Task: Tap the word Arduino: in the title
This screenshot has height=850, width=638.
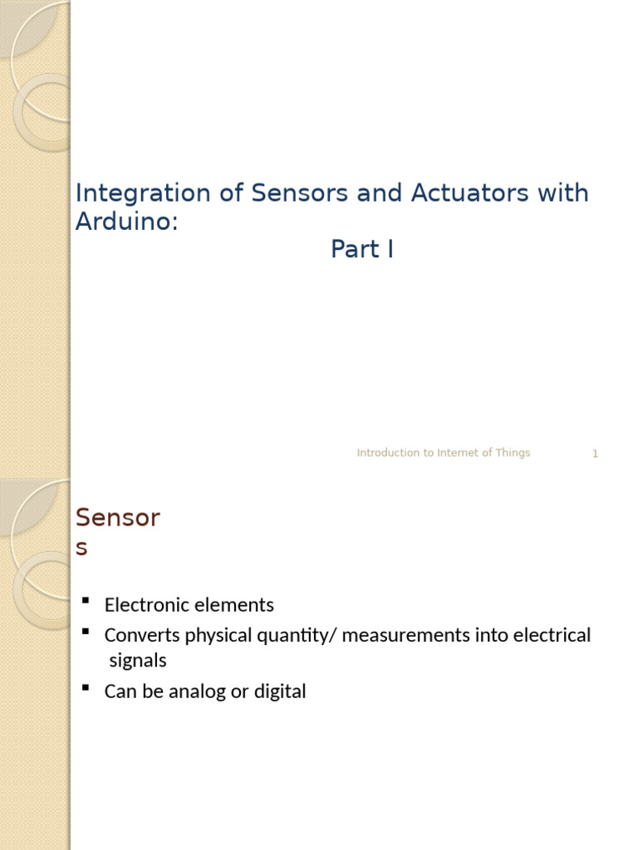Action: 127,222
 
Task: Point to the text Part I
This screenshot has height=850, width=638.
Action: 361,249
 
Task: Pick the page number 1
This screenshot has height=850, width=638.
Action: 595,453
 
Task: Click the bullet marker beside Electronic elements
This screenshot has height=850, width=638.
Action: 85,600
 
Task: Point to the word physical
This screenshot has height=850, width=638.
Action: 218,636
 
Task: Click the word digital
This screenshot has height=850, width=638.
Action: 280,691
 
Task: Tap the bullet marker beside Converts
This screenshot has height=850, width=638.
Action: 85,631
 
